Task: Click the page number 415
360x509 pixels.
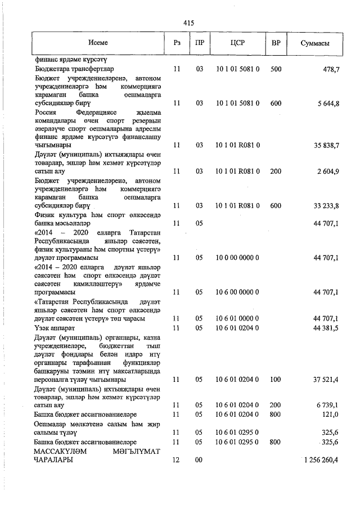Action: pos(188,22)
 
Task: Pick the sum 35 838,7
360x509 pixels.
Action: pos(325,145)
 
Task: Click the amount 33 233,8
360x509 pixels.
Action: pos(325,206)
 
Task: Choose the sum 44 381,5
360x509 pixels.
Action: pos(325,327)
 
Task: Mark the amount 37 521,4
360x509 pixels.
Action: pos(325,380)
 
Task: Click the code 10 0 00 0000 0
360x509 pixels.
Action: pos(237,258)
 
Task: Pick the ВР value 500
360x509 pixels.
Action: pos(276,68)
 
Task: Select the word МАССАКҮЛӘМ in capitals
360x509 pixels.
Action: pos(60,451)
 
